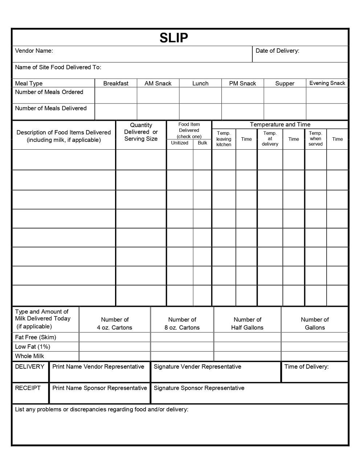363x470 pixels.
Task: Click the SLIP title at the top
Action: (174, 38)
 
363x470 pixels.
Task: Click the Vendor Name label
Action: (34, 51)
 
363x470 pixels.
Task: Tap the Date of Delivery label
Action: (277, 51)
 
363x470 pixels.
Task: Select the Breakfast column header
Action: (116, 84)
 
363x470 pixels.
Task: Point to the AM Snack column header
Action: (158, 84)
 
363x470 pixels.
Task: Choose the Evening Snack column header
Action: (327, 83)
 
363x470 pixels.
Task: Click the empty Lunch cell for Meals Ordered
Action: (200, 96)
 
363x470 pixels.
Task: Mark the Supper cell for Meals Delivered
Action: (285, 112)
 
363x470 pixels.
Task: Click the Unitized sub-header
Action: (180, 143)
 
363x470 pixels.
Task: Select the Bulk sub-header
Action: (202, 143)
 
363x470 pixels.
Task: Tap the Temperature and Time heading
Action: (280, 125)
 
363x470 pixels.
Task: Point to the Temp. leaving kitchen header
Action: (224, 139)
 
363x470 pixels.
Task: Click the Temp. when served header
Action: (315, 139)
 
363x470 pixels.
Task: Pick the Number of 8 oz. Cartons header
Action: (182, 324)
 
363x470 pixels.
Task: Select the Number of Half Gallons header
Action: (247, 324)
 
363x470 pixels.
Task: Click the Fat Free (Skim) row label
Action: (36, 337)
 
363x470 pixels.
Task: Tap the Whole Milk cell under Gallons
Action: (314, 356)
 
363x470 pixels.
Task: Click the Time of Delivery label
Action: (306, 367)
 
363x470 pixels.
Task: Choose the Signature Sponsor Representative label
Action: (199, 388)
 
